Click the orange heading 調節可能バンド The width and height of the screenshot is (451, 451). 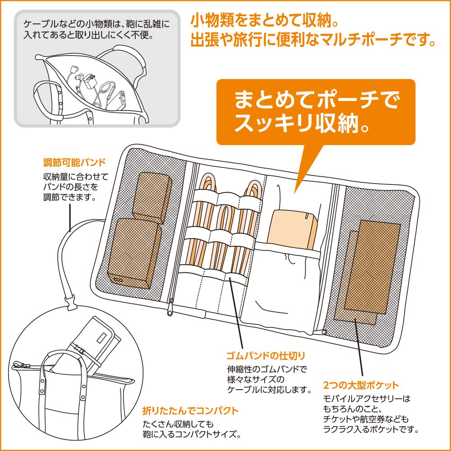click(x=74, y=162)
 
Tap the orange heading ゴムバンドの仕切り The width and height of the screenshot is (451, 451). click(x=266, y=356)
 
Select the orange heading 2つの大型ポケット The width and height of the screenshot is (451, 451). click(x=361, y=385)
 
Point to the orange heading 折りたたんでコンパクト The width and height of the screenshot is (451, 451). click(x=190, y=410)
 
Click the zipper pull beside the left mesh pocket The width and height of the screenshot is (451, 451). click(x=170, y=307)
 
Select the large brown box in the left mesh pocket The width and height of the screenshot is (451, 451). click(x=134, y=253)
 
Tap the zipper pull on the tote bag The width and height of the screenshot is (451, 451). click(x=20, y=365)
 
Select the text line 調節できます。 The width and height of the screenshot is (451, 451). click(x=69, y=198)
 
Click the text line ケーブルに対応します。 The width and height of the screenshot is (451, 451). click(x=269, y=390)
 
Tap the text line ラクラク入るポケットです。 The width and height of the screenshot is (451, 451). click(x=371, y=430)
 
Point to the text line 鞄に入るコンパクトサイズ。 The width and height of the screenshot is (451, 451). click(x=192, y=434)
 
